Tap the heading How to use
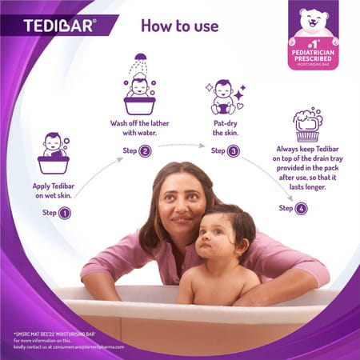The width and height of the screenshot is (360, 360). click(179, 25)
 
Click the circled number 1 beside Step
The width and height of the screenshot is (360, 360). click(65, 213)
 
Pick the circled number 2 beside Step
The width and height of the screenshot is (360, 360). click(145, 151)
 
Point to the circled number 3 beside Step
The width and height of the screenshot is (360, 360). click(234, 150)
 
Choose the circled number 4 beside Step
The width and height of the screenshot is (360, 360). click(301, 208)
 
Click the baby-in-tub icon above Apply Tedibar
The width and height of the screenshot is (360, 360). click(54, 154)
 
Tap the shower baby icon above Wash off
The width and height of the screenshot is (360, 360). click(139, 87)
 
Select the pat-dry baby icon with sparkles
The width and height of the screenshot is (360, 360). click(223, 98)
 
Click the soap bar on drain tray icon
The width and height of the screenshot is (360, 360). click(307, 126)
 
